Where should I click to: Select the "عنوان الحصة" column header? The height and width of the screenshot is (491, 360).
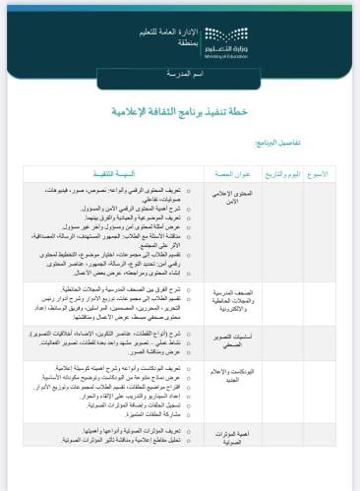coord(230,173)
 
